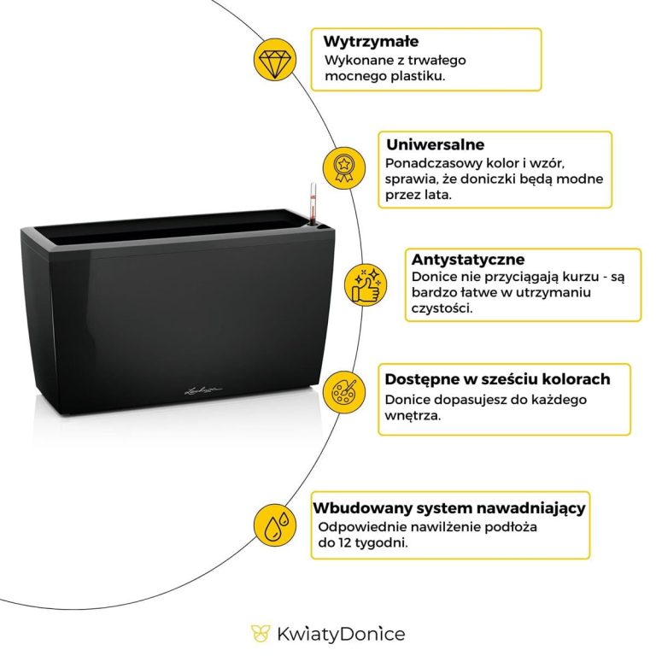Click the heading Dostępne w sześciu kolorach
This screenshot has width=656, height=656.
(x=497, y=378)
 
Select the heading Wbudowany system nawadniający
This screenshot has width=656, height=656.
(x=448, y=508)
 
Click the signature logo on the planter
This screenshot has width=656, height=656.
(x=203, y=390)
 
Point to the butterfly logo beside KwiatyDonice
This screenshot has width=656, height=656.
(x=260, y=633)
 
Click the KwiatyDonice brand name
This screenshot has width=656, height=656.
(x=341, y=634)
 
